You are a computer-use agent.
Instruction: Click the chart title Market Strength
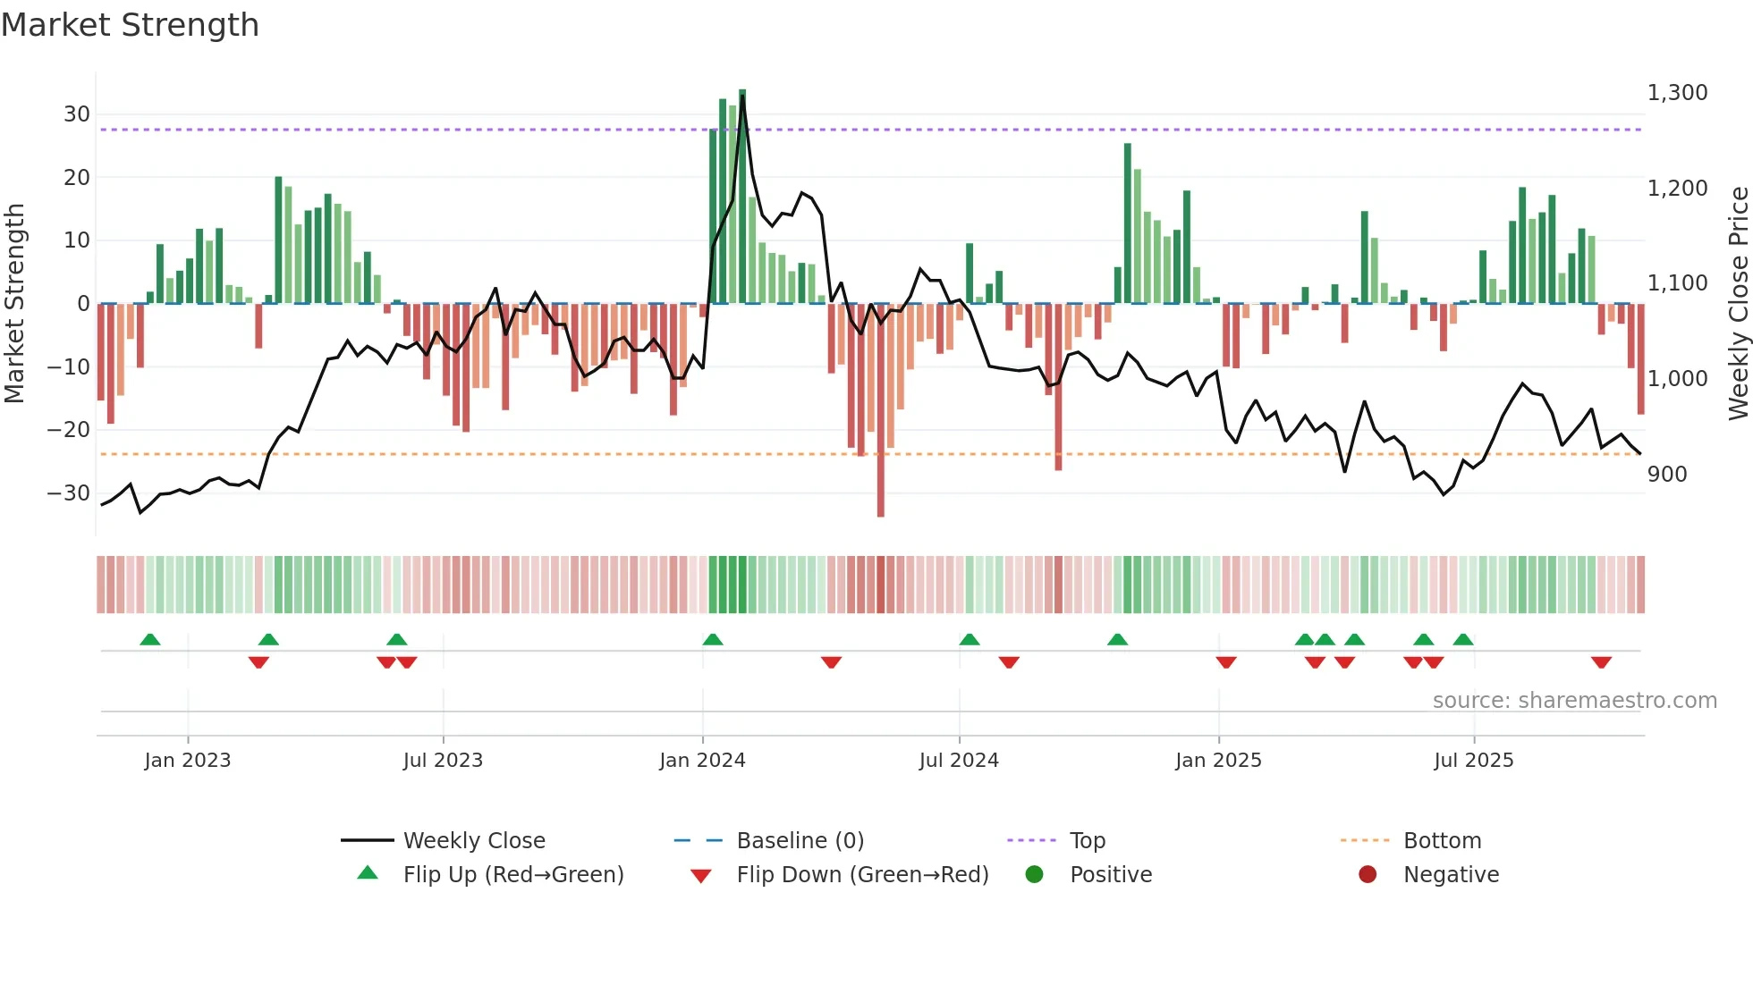click(130, 25)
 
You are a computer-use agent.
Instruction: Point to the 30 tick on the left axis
click(77, 114)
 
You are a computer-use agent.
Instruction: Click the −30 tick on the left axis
click(69, 493)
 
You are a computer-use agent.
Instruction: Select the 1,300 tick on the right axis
click(1677, 93)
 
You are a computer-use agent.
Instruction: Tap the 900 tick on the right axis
click(1667, 475)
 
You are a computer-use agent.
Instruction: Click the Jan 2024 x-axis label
click(702, 761)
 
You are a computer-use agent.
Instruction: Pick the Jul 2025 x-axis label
click(1473, 761)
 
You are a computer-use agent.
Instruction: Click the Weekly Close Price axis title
click(1738, 304)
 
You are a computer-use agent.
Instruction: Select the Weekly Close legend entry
click(473, 841)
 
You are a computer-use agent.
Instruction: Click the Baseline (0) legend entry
click(800, 841)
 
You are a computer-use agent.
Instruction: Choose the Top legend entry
click(1087, 841)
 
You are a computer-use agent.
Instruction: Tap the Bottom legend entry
click(1442, 841)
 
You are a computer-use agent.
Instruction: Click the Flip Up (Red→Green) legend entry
click(512, 875)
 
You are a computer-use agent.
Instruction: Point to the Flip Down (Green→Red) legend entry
click(862, 875)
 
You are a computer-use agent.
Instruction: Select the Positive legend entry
click(1110, 875)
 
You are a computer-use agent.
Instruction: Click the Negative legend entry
click(1451, 875)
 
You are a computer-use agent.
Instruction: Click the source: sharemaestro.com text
click(1574, 701)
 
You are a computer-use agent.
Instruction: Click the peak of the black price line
click(742, 97)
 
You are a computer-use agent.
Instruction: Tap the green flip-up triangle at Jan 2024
click(713, 639)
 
